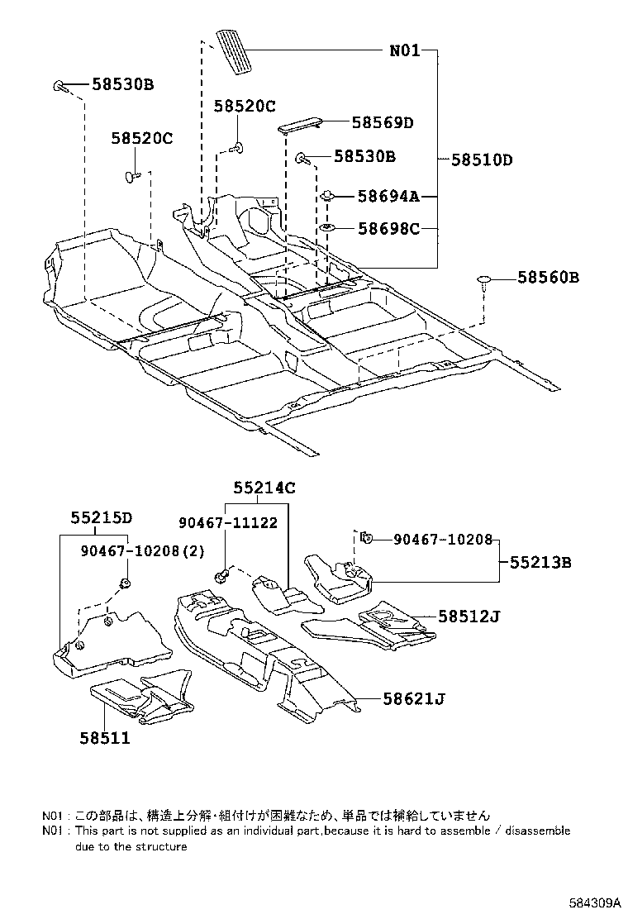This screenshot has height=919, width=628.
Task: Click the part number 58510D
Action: click(481, 160)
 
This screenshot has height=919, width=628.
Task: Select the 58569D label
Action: click(382, 123)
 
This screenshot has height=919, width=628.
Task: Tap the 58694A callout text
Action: click(388, 196)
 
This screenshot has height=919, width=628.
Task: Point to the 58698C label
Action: click(388, 228)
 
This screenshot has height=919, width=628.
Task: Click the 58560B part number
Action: click(549, 278)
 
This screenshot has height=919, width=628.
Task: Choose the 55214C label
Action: click(264, 488)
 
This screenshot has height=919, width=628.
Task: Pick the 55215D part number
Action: click(101, 518)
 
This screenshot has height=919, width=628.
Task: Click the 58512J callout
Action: click(469, 617)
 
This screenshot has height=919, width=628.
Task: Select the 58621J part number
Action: click(414, 699)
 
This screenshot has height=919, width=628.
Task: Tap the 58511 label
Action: click(105, 738)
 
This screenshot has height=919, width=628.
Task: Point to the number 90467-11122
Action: click(228, 522)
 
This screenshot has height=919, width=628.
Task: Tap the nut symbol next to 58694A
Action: click(329, 197)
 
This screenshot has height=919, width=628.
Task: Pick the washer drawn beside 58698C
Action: click(327, 228)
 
